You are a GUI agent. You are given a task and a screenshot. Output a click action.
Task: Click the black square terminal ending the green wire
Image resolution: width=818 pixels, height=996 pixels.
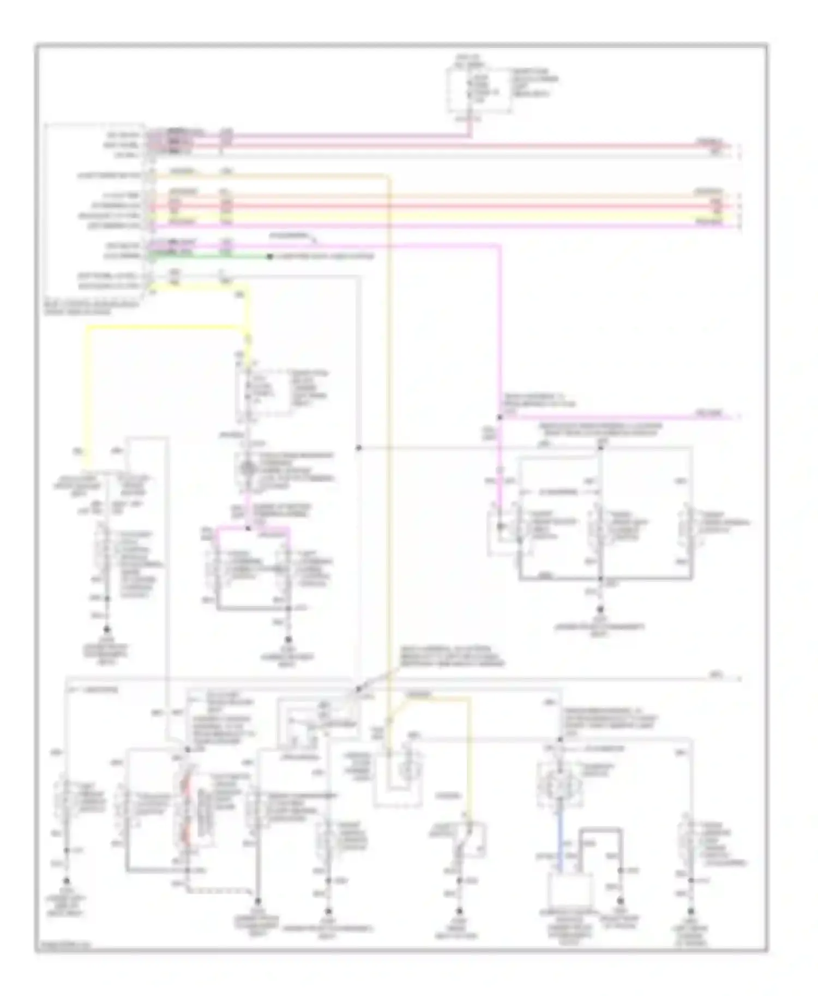pyautogui.click(x=269, y=256)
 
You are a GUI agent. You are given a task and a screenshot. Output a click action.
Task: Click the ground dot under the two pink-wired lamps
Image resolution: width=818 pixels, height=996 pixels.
pyautogui.click(x=288, y=640)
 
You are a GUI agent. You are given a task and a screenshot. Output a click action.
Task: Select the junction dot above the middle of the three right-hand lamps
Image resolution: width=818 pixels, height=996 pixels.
pyautogui.click(x=600, y=447)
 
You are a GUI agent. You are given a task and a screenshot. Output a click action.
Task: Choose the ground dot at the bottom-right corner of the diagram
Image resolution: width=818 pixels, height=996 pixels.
pyautogui.click(x=692, y=912)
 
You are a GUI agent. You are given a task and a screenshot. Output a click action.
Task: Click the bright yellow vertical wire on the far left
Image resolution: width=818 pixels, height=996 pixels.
pyautogui.click(x=86, y=392)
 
